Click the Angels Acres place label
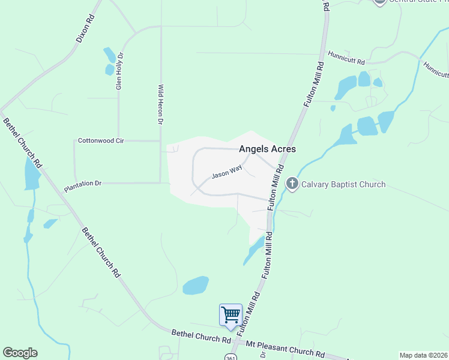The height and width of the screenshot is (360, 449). click(x=267, y=149)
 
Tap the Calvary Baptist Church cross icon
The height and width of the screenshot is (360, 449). click(x=292, y=184)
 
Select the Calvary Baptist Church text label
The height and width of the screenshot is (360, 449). click(x=343, y=184)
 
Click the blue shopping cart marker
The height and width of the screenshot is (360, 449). click(x=231, y=315)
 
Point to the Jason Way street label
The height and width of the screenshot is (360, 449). click(x=226, y=172)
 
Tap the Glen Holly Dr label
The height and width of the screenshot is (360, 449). click(x=119, y=71)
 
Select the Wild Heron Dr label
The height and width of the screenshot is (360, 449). click(x=160, y=104)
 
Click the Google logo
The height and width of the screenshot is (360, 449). click(x=20, y=353)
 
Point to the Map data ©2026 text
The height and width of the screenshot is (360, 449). click(x=423, y=355)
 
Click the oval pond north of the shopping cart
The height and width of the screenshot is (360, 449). click(x=196, y=285)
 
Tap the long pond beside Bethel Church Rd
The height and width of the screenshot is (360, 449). click(x=31, y=174)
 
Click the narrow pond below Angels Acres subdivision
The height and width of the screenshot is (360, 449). click(x=254, y=250)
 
